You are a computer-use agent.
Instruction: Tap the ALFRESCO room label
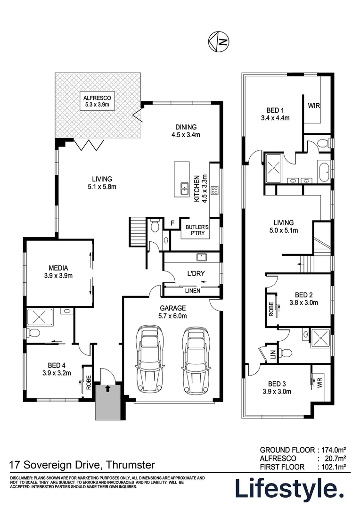(x=98, y=102)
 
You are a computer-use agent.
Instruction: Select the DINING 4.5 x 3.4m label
(x=186, y=131)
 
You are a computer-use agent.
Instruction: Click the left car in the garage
(x=149, y=359)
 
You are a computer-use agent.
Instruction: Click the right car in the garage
(x=195, y=359)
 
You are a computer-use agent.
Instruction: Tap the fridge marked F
(x=173, y=223)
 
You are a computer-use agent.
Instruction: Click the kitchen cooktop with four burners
(x=214, y=190)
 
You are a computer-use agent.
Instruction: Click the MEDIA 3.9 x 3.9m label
(x=57, y=272)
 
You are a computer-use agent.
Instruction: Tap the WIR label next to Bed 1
(x=314, y=106)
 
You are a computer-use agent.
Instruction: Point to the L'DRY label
(x=194, y=274)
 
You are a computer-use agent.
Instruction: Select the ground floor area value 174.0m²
(x=334, y=449)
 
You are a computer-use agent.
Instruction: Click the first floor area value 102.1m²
(x=334, y=467)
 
